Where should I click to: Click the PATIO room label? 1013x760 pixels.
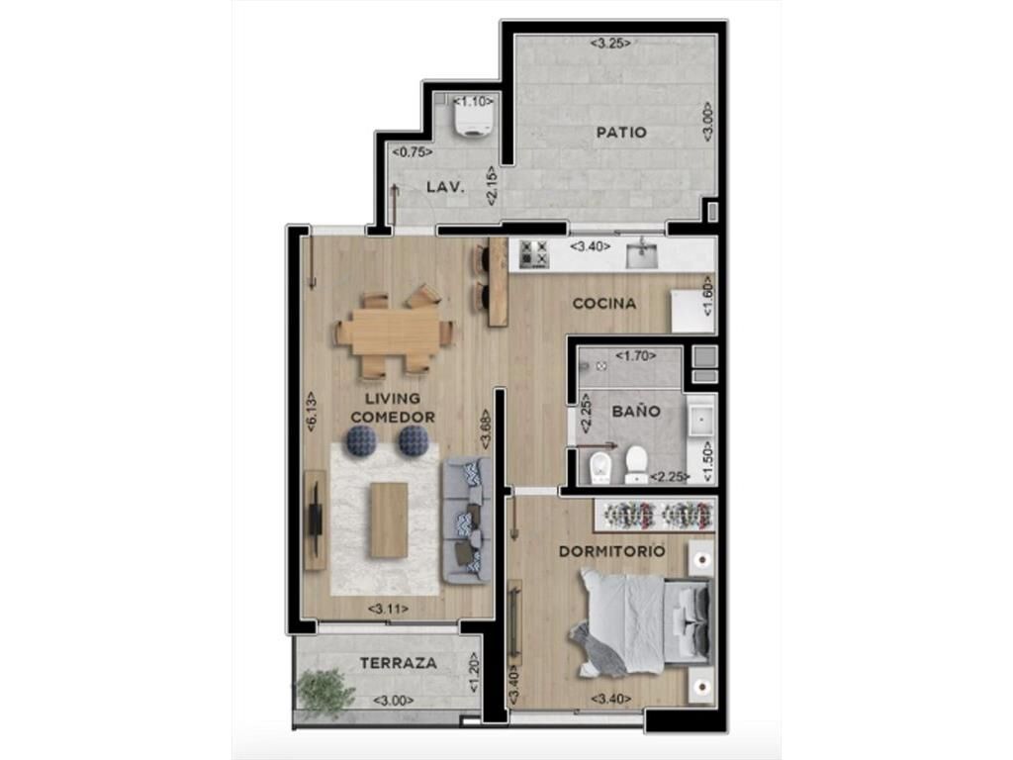click(621, 133)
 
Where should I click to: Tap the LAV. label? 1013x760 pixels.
click(445, 187)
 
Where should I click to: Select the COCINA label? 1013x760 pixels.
click(604, 303)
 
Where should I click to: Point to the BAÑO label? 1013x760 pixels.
click(636, 411)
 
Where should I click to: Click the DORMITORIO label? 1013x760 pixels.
click(611, 551)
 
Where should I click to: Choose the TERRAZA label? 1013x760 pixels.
click(398, 663)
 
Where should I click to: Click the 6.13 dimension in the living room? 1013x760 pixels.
click(311, 412)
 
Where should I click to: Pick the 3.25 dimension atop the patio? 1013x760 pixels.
click(610, 44)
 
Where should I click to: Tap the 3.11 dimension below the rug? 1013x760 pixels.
click(388, 609)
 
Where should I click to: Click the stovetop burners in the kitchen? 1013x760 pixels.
click(534, 253)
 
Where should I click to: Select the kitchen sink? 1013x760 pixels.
click(641, 255)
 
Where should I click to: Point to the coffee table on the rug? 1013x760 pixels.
click(389, 521)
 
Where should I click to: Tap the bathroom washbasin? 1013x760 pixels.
click(700, 420)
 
